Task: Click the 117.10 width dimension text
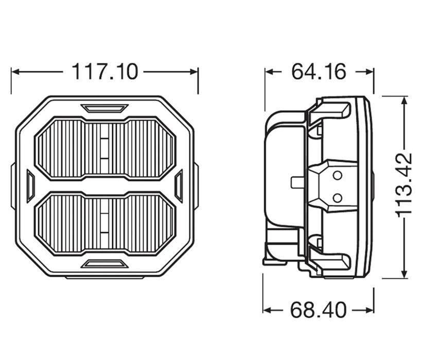click(x=104, y=72)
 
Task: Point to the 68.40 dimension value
click(x=318, y=310)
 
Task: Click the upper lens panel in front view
click(x=104, y=148)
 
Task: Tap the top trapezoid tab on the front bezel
click(x=104, y=108)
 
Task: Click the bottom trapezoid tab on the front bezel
click(x=104, y=264)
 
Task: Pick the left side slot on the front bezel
click(x=30, y=186)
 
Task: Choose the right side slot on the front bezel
click(x=179, y=186)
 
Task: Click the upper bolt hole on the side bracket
click(x=337, y=176)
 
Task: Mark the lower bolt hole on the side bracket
click(x=337, y=197)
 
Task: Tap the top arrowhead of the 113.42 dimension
click(x=405, y=100)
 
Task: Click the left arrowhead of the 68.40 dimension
click(x=267, y=310)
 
